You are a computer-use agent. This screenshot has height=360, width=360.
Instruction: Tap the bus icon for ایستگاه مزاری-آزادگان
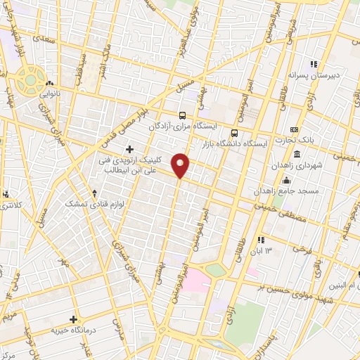click(x=183, y=116)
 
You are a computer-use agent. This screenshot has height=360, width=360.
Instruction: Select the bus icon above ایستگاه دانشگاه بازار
click(x=234, y=131)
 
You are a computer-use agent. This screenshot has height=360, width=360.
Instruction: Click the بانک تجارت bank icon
click(x=294, y=129)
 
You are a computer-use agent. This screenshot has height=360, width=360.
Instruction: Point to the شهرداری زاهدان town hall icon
click(x=297, y=154)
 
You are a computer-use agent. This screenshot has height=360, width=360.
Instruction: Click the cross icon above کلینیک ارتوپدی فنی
click(x=129, y=149)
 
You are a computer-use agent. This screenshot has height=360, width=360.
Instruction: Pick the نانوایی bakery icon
click(x=49, y=84)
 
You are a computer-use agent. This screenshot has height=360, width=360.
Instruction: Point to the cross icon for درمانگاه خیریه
click(x=74, y=319)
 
